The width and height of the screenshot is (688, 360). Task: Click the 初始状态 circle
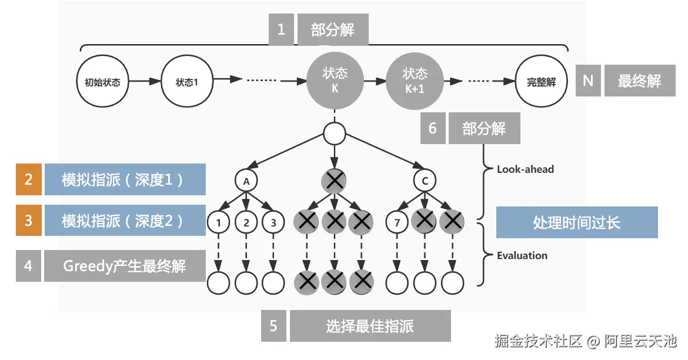pos(103,81)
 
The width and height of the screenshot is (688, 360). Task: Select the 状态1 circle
pos(187,81)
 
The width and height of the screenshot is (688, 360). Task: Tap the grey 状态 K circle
pos(335,81)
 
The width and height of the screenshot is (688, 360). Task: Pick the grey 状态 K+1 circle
pos(415,81)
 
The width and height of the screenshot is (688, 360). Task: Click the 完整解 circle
pos(542,81)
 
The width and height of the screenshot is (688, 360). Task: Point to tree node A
pos(246,181)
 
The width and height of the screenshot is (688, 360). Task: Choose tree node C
pos(425,180)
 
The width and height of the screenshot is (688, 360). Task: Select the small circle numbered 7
pos(397,222)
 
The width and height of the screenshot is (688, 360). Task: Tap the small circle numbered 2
pos(246,222)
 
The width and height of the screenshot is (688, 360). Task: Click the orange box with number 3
pos(29,220)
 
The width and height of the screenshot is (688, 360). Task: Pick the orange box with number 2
pos(29,179)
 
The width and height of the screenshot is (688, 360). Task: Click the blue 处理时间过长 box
pos(577,222)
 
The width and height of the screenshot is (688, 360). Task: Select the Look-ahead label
pos(525,169)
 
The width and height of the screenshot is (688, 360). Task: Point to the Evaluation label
pos(522,255)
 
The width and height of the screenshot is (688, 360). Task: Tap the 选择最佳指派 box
pos(370,326)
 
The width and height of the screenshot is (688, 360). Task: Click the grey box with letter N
pos(588,81)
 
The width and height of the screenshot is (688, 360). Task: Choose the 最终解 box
pos(640,81)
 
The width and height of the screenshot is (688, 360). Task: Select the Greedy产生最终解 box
pos(125,266)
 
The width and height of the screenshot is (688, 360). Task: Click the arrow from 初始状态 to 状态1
pos(145,81)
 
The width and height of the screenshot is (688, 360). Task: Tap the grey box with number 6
pos(433,128)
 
